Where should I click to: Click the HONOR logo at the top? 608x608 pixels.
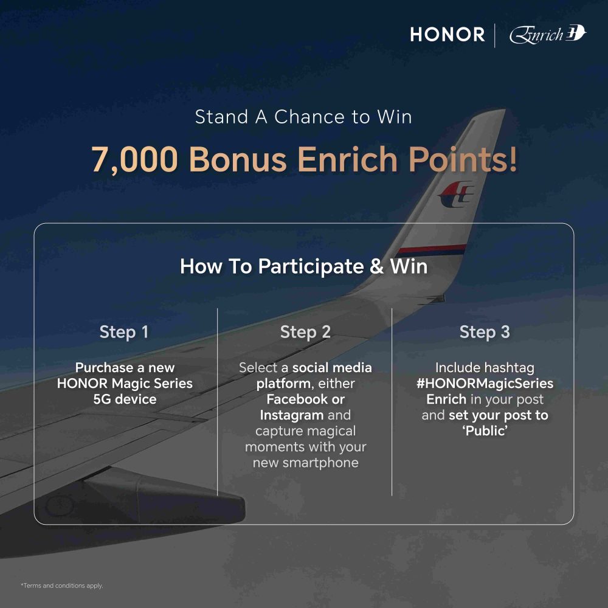tap(447, 35)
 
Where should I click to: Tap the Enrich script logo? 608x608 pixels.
tap(548, 35)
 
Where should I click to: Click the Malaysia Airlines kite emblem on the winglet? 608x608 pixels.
tap(456, 194)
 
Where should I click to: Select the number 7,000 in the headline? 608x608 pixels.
tap(134, 159)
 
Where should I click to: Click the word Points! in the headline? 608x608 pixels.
tap(463, 159)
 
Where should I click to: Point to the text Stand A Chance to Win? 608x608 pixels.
tap(303, 117)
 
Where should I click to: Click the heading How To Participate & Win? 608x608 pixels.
tap(303, 266)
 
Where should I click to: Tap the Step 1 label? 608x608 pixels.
tap(124, 332)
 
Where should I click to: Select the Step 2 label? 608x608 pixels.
tap(306, 332)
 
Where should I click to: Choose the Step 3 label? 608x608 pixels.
tap(485, 332)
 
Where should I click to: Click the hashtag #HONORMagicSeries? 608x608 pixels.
tap(485, 384)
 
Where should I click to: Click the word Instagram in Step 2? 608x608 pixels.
tap(292, 415)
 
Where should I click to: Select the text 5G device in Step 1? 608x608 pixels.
tap(125, 399)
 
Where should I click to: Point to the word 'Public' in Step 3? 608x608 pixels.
tap(485, 431)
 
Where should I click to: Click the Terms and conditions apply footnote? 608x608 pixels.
tap(62, 586)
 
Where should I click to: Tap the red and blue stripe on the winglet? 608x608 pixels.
tap(432, 249)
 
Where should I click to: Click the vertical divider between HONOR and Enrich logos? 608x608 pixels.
tap(495, 35)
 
